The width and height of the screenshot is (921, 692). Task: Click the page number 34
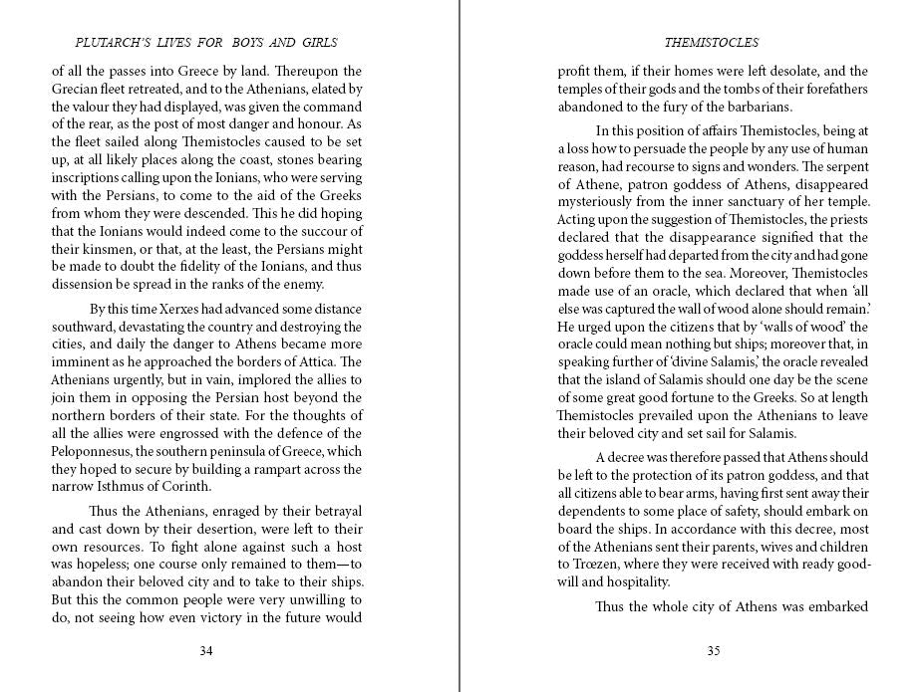tap(206, 651)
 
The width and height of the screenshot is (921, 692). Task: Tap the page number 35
tap(713, 651)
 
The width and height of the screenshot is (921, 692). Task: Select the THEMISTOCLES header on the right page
tap(712, 43)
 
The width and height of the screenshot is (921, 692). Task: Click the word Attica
tap(320, 361)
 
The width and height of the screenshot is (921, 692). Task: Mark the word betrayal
tap(333, 512)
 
